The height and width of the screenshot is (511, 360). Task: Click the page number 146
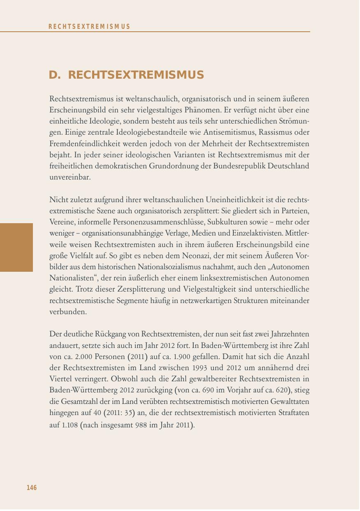(x=32, y=488)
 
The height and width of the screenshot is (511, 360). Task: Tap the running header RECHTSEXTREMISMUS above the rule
(x=89, y=27)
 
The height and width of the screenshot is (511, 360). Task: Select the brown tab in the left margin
(x=16, y=247)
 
